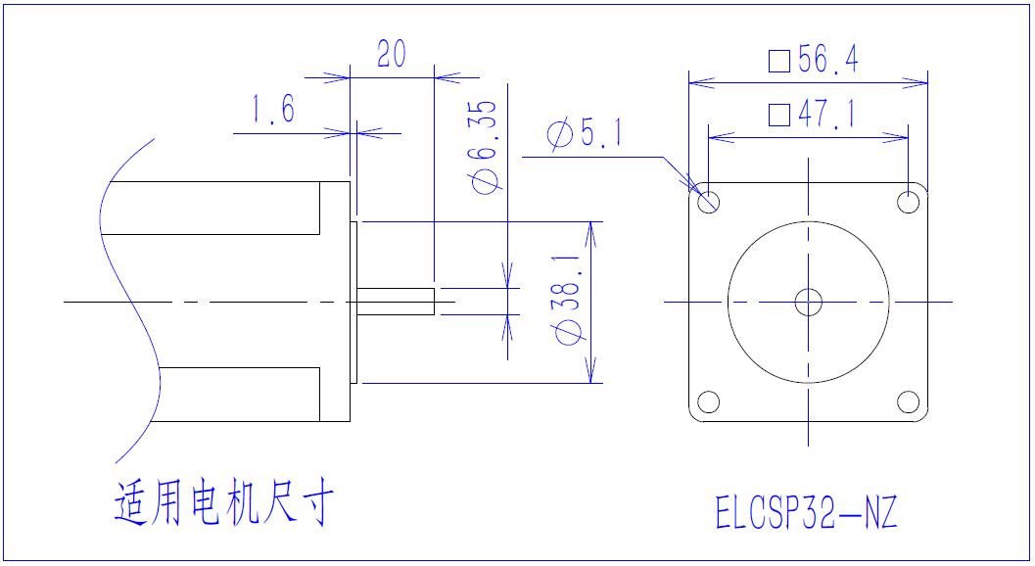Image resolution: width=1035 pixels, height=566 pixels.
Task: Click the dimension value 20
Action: (391, 55)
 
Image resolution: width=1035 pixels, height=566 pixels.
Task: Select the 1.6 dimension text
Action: (273, 111)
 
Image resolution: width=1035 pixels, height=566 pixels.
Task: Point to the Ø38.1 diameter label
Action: (567, 301)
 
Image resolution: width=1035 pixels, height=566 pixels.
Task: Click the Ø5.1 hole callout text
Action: (585, 135)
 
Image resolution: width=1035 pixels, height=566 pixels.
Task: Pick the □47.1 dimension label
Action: (812, 116)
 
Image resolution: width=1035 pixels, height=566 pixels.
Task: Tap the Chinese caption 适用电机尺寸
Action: (224, 504)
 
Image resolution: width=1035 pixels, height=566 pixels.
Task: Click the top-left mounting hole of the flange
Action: (709, 202)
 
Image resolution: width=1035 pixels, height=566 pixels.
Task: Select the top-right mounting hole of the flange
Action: (908, 202)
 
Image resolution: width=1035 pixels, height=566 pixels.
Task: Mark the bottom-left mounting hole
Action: (709, 401)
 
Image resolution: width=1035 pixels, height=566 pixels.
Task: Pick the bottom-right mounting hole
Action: (908, 401)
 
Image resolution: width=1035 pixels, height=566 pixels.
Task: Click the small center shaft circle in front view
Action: (809, 302)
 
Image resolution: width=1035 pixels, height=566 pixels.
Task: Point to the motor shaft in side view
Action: (396, 301)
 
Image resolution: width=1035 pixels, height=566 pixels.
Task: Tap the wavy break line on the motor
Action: (128, 294)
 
